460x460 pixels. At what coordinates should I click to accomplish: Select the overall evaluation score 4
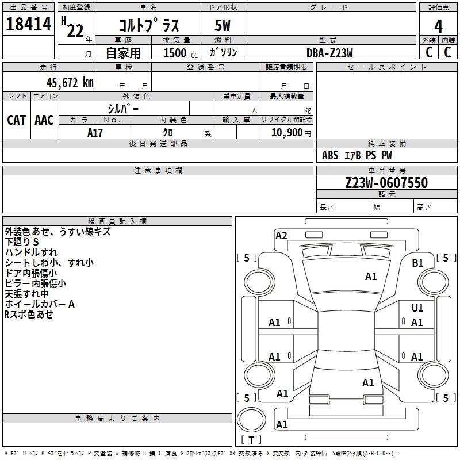[x=438, y=26]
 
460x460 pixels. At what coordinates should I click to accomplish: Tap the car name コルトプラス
[x=148, y=26]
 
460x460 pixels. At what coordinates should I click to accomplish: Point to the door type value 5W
[x=223, y=26]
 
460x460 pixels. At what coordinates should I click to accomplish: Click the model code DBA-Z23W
[x=329, y=53]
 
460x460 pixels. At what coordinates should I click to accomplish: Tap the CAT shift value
[x=16, y=120]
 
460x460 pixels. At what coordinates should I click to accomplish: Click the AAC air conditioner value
[x=44, y=120]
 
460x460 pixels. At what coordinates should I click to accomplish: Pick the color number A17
[x=95, y=133]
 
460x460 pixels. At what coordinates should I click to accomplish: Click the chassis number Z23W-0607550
[x=386, y=183]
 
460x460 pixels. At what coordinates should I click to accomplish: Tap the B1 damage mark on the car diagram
[x=418, y=263]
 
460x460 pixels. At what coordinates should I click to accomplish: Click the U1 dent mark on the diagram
[x=417, y=308]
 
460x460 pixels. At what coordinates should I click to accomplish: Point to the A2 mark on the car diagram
[x=281, y=235]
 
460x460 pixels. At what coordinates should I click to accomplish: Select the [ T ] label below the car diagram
[x=251, y=440]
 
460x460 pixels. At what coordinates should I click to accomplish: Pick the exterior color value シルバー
[x=123, y=108]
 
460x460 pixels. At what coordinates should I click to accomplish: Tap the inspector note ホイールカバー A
[x=40, y=304]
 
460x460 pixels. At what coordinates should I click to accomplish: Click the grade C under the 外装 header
[x=428, y=52]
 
